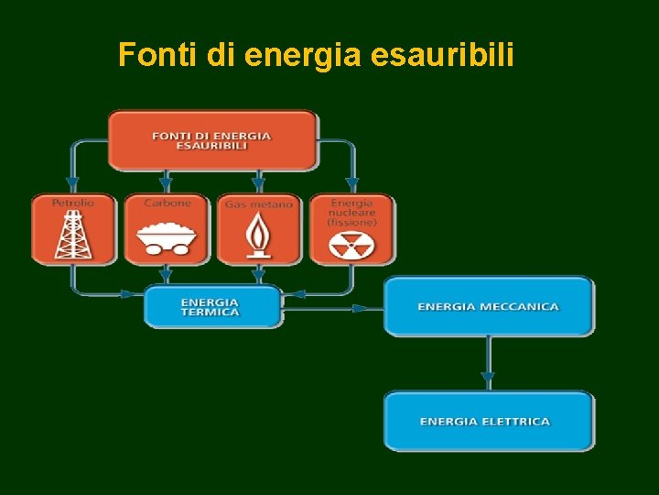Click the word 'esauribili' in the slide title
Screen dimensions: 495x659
tap(443, 57)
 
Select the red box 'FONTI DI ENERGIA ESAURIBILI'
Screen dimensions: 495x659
tap(212, 140)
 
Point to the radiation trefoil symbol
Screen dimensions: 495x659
tap(351, 245)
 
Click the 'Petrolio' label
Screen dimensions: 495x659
tap(72, 202)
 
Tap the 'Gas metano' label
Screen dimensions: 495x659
tap(259, 203)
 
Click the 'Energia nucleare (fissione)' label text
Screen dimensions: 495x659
tap(351, 212)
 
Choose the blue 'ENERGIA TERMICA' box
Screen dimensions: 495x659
tap(212, 306)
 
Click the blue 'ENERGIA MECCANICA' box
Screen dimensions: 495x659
tap(488, 306)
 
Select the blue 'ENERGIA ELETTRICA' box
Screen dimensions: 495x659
tap(488, 422)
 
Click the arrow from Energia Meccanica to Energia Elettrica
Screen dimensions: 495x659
tap(488, 362)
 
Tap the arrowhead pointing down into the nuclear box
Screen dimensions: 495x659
tap(352, 185)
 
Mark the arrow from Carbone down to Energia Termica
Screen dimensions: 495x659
tap(166, 274)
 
